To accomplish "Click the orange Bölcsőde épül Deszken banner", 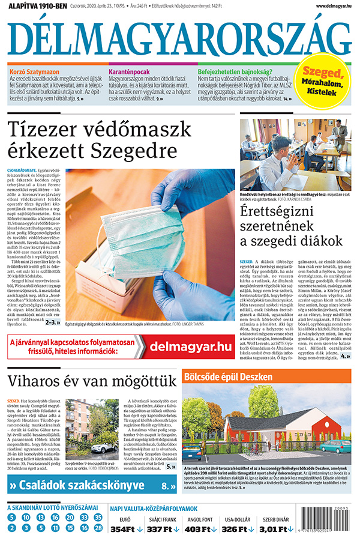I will [266, 377].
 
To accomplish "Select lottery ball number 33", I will [84, 517].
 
